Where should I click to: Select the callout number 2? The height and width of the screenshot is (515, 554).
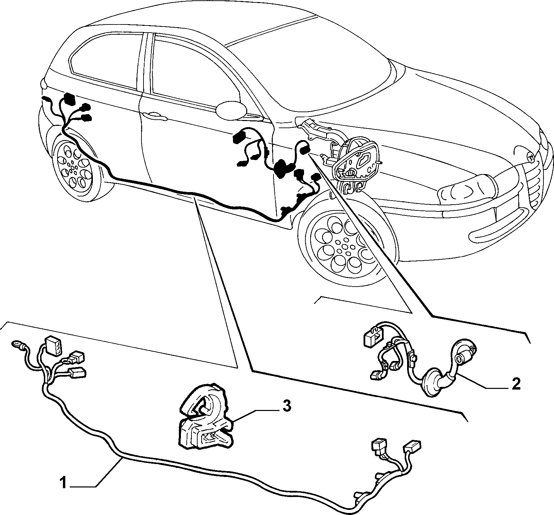tap(516, 384)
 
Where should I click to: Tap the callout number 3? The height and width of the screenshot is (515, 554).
tap(287, 406)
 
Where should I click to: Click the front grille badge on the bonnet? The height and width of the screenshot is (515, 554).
tap(530, 157)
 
